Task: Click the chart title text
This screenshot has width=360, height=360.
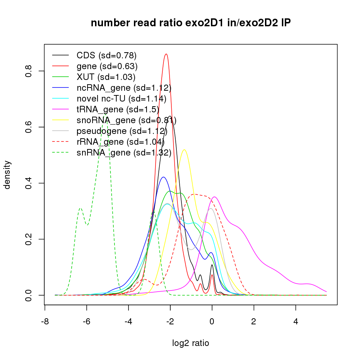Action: tap(190, 23)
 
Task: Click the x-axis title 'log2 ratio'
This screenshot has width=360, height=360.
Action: tap(191, 343)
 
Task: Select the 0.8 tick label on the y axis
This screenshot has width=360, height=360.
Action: tap(28, 71)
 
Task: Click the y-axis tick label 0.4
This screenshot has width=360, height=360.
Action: tap(28, 183)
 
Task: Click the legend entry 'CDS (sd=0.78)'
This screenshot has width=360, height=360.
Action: tap(106, 55)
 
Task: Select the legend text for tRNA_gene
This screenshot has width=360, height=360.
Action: tap(118, 109)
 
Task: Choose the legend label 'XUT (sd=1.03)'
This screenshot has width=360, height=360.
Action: tap(106, 77)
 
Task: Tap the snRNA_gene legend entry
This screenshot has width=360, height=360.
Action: tap(123, 153)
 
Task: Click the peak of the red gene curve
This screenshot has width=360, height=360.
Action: tap(166, 54)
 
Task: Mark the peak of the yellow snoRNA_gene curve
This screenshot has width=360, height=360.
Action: tap(184, 150)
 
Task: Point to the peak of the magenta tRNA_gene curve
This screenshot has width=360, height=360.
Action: tap(215, 197)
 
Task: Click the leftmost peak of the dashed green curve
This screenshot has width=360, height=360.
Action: tap(80, 208)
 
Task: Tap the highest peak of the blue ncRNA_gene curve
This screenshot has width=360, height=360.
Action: tap(163, 177)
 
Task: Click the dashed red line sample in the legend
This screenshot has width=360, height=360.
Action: tap(60, 142)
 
